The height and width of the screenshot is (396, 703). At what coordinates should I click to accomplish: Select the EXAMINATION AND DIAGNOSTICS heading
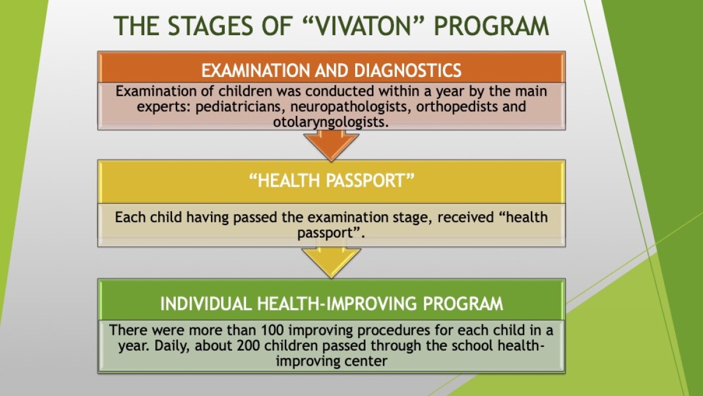[x=332, y=70]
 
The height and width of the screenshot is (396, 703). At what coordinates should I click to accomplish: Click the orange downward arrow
[x=332, y=144]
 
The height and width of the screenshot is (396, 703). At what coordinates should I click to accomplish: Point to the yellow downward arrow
[x=332, y=262]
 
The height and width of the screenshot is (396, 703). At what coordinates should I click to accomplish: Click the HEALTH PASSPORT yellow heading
[x=332, y=180]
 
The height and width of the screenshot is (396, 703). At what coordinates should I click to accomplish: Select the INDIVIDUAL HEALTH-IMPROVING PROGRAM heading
[x=332, y=304]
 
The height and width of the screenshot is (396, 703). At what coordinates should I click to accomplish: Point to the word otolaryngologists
[x=331, y=122]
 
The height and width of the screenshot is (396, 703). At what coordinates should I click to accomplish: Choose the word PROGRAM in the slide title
[x=491, y=25]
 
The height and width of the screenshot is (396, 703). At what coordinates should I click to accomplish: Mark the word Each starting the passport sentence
[x=130, y=217]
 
